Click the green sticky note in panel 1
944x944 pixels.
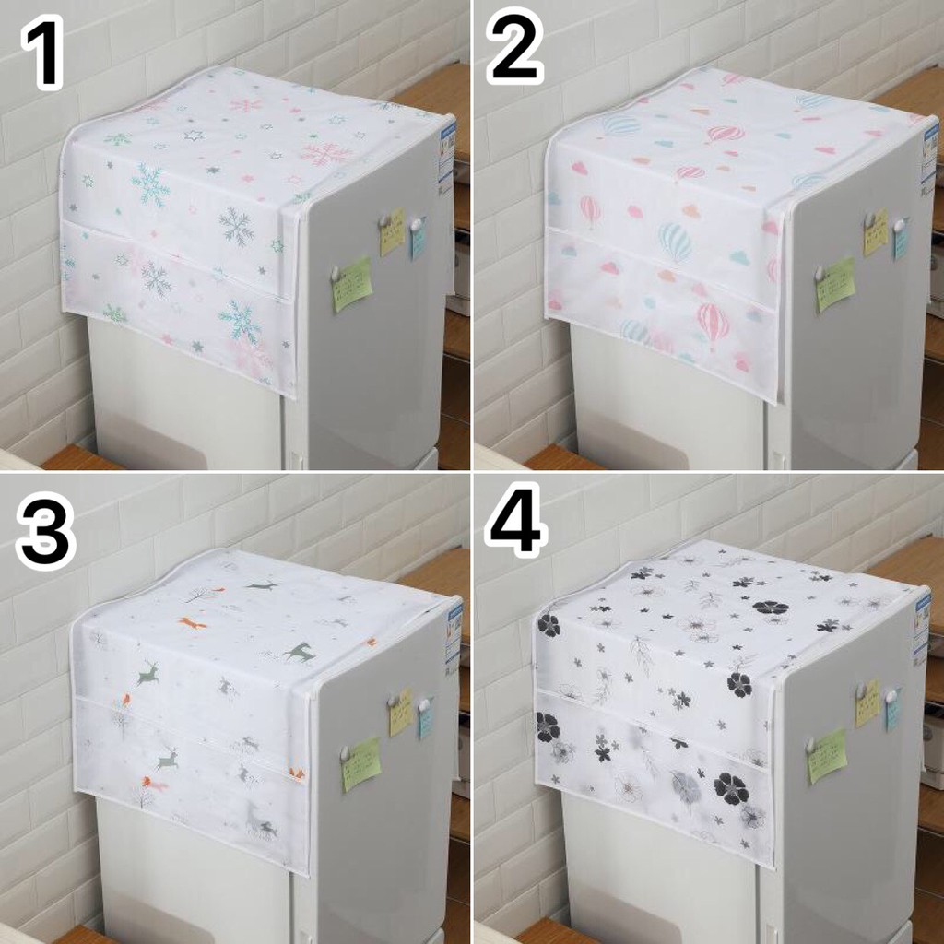coord(352,284)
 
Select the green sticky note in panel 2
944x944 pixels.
coord(835,284)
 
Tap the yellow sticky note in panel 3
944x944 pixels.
coord(400,712)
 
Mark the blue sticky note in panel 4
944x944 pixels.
coord(892,712)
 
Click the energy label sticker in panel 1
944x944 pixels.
coord(446,152)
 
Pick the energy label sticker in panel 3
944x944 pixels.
coord(454,635)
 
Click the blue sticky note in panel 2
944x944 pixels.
coord(901,240)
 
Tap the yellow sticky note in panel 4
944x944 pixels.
coord(867,704)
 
